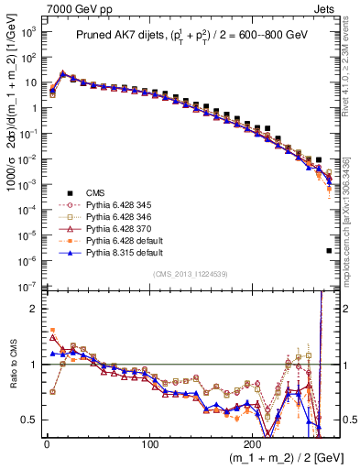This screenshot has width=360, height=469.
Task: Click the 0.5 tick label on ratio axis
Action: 28,420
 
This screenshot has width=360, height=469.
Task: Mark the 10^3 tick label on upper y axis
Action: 27,31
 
